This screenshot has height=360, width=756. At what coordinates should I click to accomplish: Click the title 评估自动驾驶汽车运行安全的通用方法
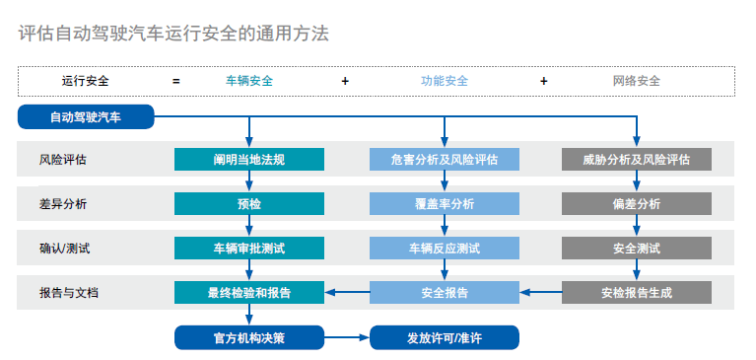tap(173, 34)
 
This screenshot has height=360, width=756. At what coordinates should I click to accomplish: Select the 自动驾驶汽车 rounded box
tap(86, 117)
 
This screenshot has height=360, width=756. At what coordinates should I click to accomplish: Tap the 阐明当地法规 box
tap(248, 159)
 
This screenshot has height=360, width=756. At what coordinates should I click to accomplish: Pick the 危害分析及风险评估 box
tap(444, 159)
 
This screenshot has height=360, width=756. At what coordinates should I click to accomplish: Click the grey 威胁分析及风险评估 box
tap(636, 159)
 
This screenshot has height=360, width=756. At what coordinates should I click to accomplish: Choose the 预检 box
tap(248, 203)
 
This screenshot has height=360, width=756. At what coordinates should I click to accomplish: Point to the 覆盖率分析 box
tap(444, 203)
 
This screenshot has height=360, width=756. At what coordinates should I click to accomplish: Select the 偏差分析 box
tap(636, 203)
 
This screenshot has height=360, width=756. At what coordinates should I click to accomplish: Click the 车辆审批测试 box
tap(248, 248)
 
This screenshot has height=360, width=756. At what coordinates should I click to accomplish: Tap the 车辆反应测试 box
tap(444, 248)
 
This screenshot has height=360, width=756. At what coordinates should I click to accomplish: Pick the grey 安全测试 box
tap(636, 248)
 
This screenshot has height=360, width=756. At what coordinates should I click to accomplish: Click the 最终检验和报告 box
tap(248, 292)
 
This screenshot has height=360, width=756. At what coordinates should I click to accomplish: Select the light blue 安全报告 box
tap(444, 292)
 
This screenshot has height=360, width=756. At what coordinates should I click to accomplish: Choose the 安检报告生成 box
tap(636, 292)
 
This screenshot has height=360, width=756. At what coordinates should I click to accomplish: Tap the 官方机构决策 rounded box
tap(248, 337)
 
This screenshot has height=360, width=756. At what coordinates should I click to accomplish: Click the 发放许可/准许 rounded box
tap(444, 337)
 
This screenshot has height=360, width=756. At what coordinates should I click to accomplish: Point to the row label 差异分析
tap(63, 204)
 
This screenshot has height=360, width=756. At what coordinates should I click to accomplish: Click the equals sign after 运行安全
tap(176, 81)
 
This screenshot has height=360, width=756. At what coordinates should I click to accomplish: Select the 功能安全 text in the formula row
tap(445, 81)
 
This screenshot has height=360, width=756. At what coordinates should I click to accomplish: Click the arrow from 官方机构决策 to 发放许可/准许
tap(346, 337)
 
